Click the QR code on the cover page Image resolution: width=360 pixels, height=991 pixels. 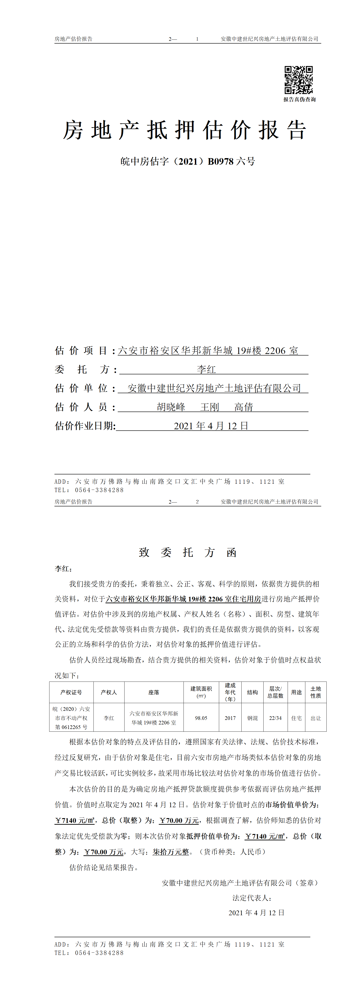point(299,80)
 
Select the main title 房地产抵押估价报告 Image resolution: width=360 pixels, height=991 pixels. point(185,130)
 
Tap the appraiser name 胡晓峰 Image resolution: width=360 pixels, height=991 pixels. point(171,407)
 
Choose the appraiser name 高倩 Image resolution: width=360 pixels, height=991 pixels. point(244,407)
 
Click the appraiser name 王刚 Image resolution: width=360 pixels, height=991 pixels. point(210,407)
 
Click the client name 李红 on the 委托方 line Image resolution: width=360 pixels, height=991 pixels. point(206,369)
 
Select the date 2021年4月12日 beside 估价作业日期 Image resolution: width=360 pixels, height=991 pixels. point(211,426)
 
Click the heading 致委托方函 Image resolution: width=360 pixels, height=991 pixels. point(188,552)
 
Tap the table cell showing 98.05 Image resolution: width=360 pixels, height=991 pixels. point(201,718)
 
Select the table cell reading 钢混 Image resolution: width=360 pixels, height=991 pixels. point(252,718)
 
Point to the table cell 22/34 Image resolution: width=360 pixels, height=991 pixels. point(275,718)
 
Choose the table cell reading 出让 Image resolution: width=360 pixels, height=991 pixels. point(316,718)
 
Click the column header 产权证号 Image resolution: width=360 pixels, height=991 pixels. point(71,692)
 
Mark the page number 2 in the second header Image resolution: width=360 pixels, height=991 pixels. point(197,502)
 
